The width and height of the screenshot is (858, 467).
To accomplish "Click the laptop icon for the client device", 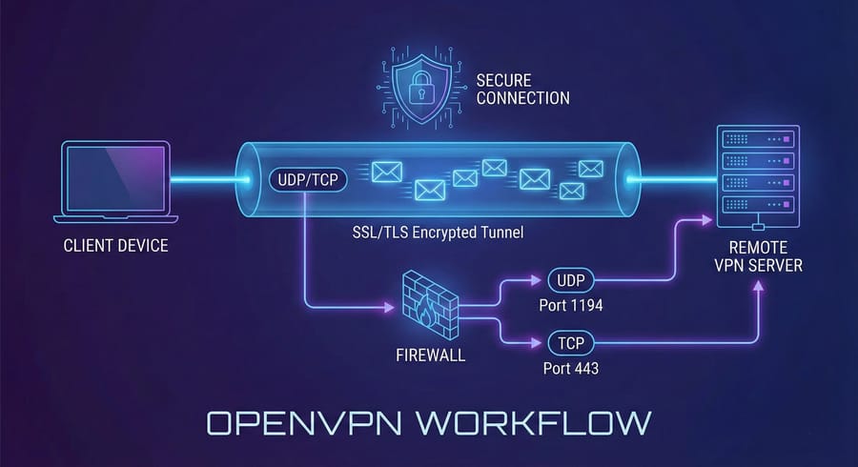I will (115, 182).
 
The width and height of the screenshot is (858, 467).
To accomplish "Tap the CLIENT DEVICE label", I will (115, 246).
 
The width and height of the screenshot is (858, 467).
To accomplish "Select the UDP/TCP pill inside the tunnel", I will (306, 178).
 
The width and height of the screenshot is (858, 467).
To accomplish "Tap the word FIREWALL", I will (430, 355).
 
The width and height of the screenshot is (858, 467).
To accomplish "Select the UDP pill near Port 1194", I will (569, 281).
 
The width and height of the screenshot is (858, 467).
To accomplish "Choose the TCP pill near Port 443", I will (569, 341).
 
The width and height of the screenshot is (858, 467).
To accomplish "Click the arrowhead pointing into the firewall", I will (390, 308).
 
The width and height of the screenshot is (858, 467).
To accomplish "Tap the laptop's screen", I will (115, 174).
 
